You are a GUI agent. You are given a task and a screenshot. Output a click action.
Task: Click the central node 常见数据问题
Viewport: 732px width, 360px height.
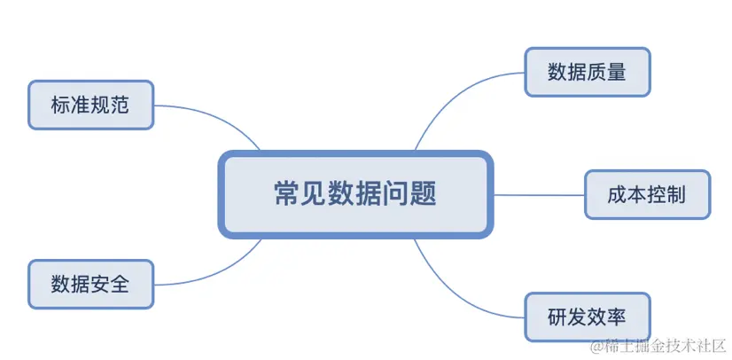click(x=354, y=194)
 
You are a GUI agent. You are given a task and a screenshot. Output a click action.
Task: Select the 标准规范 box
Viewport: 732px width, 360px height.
click(x=90, y=106)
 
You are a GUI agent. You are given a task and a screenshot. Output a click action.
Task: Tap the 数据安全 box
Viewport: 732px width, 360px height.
click(x=90, y=285)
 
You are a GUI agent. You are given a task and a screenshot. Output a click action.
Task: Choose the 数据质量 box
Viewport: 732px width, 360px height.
click(x=587, y=73)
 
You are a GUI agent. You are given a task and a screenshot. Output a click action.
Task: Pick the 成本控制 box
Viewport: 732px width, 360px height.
click(x=647, y=194)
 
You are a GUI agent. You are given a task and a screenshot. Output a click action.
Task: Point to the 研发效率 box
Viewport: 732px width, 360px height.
click(x=587, y=317)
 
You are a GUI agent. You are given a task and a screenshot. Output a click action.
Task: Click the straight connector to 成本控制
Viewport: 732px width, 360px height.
click(x=538, y=194)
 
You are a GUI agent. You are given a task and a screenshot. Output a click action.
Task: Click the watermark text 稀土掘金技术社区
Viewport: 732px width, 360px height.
click(x=659, y=344)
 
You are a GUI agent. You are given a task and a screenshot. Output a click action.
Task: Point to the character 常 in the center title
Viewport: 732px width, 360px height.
click(x=287, y=194)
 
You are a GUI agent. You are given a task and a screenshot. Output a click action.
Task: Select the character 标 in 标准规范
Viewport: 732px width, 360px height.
click(x=61, y=106)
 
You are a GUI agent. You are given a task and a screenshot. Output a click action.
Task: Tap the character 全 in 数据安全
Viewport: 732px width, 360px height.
click(x=121, y=285)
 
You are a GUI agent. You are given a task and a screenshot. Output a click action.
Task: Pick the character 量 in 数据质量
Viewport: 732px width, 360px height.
click(x=617, y=73)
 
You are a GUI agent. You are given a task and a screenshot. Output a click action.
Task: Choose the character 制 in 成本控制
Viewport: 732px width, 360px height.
click(x=677, y=194)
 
